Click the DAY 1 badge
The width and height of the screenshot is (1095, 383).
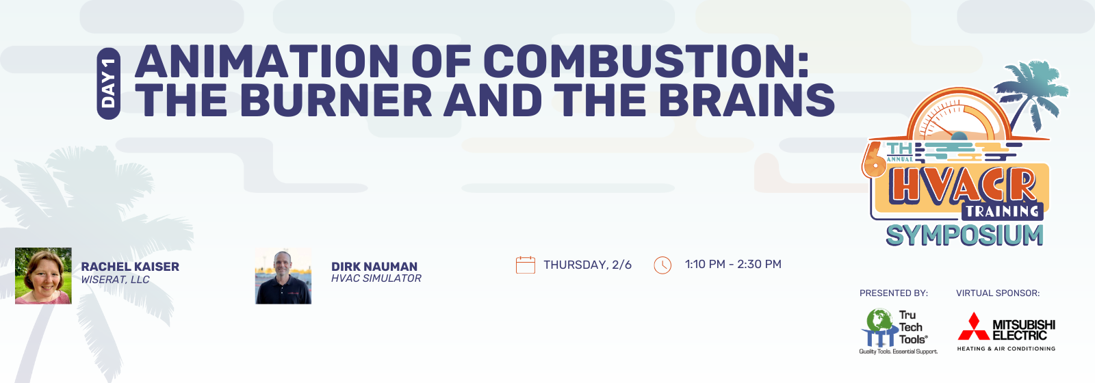click(109, 83)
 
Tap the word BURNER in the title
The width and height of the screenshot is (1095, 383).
click(336, 100)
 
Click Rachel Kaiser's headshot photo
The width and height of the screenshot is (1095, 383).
click(43, 276)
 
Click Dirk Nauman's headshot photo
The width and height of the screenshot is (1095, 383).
click(283, 276)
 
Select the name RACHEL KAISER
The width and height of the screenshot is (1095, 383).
click(130, 266)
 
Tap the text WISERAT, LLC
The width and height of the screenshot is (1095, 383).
click(116, 280)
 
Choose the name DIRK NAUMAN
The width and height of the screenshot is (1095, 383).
click(374, 266)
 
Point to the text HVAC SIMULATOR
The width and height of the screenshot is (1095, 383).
click(376, 278)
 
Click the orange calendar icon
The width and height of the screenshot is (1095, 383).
click(526, 265)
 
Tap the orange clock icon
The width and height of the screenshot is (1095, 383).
click(662, 265)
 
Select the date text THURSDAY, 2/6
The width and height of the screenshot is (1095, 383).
click(588, 265)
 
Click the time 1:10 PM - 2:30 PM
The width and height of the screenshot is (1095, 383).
click(733, 264)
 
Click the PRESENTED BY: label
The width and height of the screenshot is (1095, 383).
click(894, 293)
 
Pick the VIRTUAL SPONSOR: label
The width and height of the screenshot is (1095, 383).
click(998, 293)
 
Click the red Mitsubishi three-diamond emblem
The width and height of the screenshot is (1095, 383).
click(974, 327)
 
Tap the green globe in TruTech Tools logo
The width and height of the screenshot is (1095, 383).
click(879, 319)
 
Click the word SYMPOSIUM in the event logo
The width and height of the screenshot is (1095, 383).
click(965, 235)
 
